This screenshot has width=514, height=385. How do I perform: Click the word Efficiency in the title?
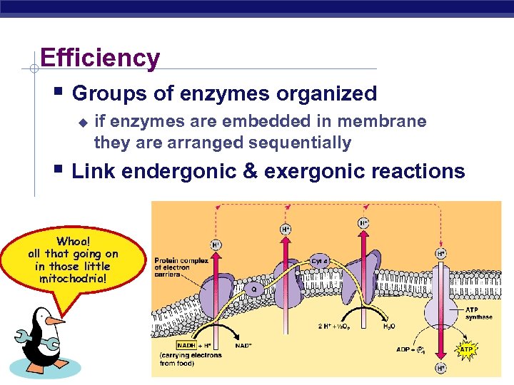100,58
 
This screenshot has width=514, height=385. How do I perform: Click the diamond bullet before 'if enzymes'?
82,123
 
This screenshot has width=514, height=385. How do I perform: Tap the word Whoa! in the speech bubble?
73,241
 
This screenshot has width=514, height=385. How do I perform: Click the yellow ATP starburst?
465,349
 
